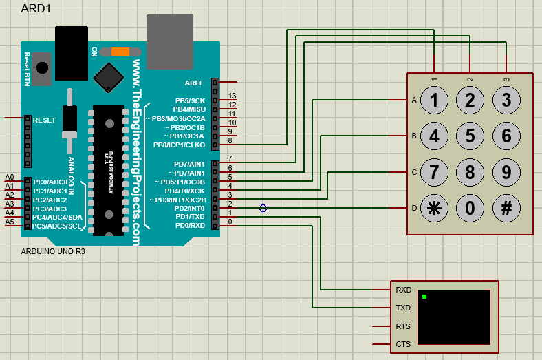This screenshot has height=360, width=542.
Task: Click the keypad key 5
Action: click(x=470, y=136)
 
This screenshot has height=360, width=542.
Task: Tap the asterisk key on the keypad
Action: click(x=434, y=209)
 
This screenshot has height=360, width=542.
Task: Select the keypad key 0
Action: click(x=470, y=209)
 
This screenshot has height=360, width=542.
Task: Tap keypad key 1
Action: click(x=434, y=100)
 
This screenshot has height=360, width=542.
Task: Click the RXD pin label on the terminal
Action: click(x=403, y=290)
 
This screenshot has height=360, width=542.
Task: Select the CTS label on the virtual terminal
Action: click(x=403, y=344)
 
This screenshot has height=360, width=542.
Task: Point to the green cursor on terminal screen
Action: click(x=424, y=297)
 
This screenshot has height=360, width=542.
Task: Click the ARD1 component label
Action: click(x=36, y=9)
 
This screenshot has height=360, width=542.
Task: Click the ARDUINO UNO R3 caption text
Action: click(x=53, y=252)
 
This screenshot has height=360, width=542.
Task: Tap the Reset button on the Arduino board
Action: click(x=43, y=68)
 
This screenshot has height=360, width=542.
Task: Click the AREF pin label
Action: click(x=195, y=83)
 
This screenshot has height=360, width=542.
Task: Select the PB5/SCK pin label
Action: click(x=190, y=100)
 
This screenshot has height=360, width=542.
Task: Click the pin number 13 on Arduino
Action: click(x=232, y=96)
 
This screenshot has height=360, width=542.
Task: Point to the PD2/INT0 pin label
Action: click(x=189, y=208)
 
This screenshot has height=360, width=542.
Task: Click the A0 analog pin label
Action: click(x=9, y=177)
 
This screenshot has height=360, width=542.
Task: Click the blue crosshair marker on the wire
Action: click(x=263, y=208)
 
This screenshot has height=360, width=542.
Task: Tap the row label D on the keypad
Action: click(x=414, y=208)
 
